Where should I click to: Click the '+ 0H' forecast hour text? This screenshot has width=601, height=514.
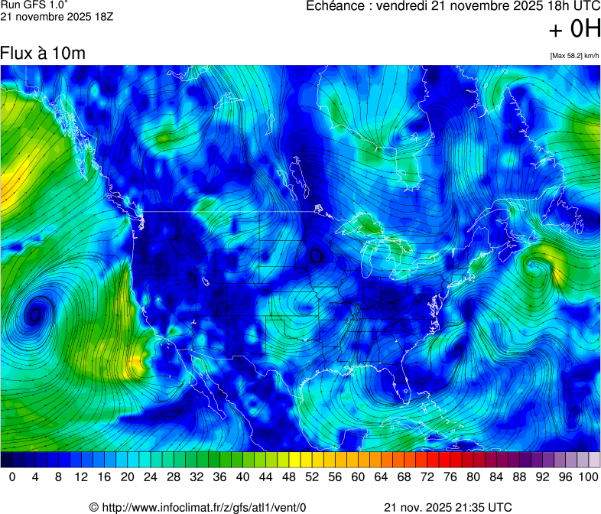575,29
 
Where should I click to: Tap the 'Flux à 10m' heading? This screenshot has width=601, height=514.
42,54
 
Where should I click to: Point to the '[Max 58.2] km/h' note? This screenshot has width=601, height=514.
574,55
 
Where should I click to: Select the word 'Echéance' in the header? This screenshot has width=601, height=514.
334,7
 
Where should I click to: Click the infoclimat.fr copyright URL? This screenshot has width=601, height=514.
197,506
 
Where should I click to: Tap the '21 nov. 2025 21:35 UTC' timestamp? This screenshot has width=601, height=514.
447,506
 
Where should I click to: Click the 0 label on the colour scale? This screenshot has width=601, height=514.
12,477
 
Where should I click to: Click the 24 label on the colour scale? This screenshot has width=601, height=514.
151,477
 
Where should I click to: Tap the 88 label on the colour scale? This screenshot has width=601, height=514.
519,477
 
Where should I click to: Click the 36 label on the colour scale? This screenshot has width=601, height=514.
219,477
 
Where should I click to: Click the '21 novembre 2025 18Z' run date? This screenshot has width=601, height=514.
57,17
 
